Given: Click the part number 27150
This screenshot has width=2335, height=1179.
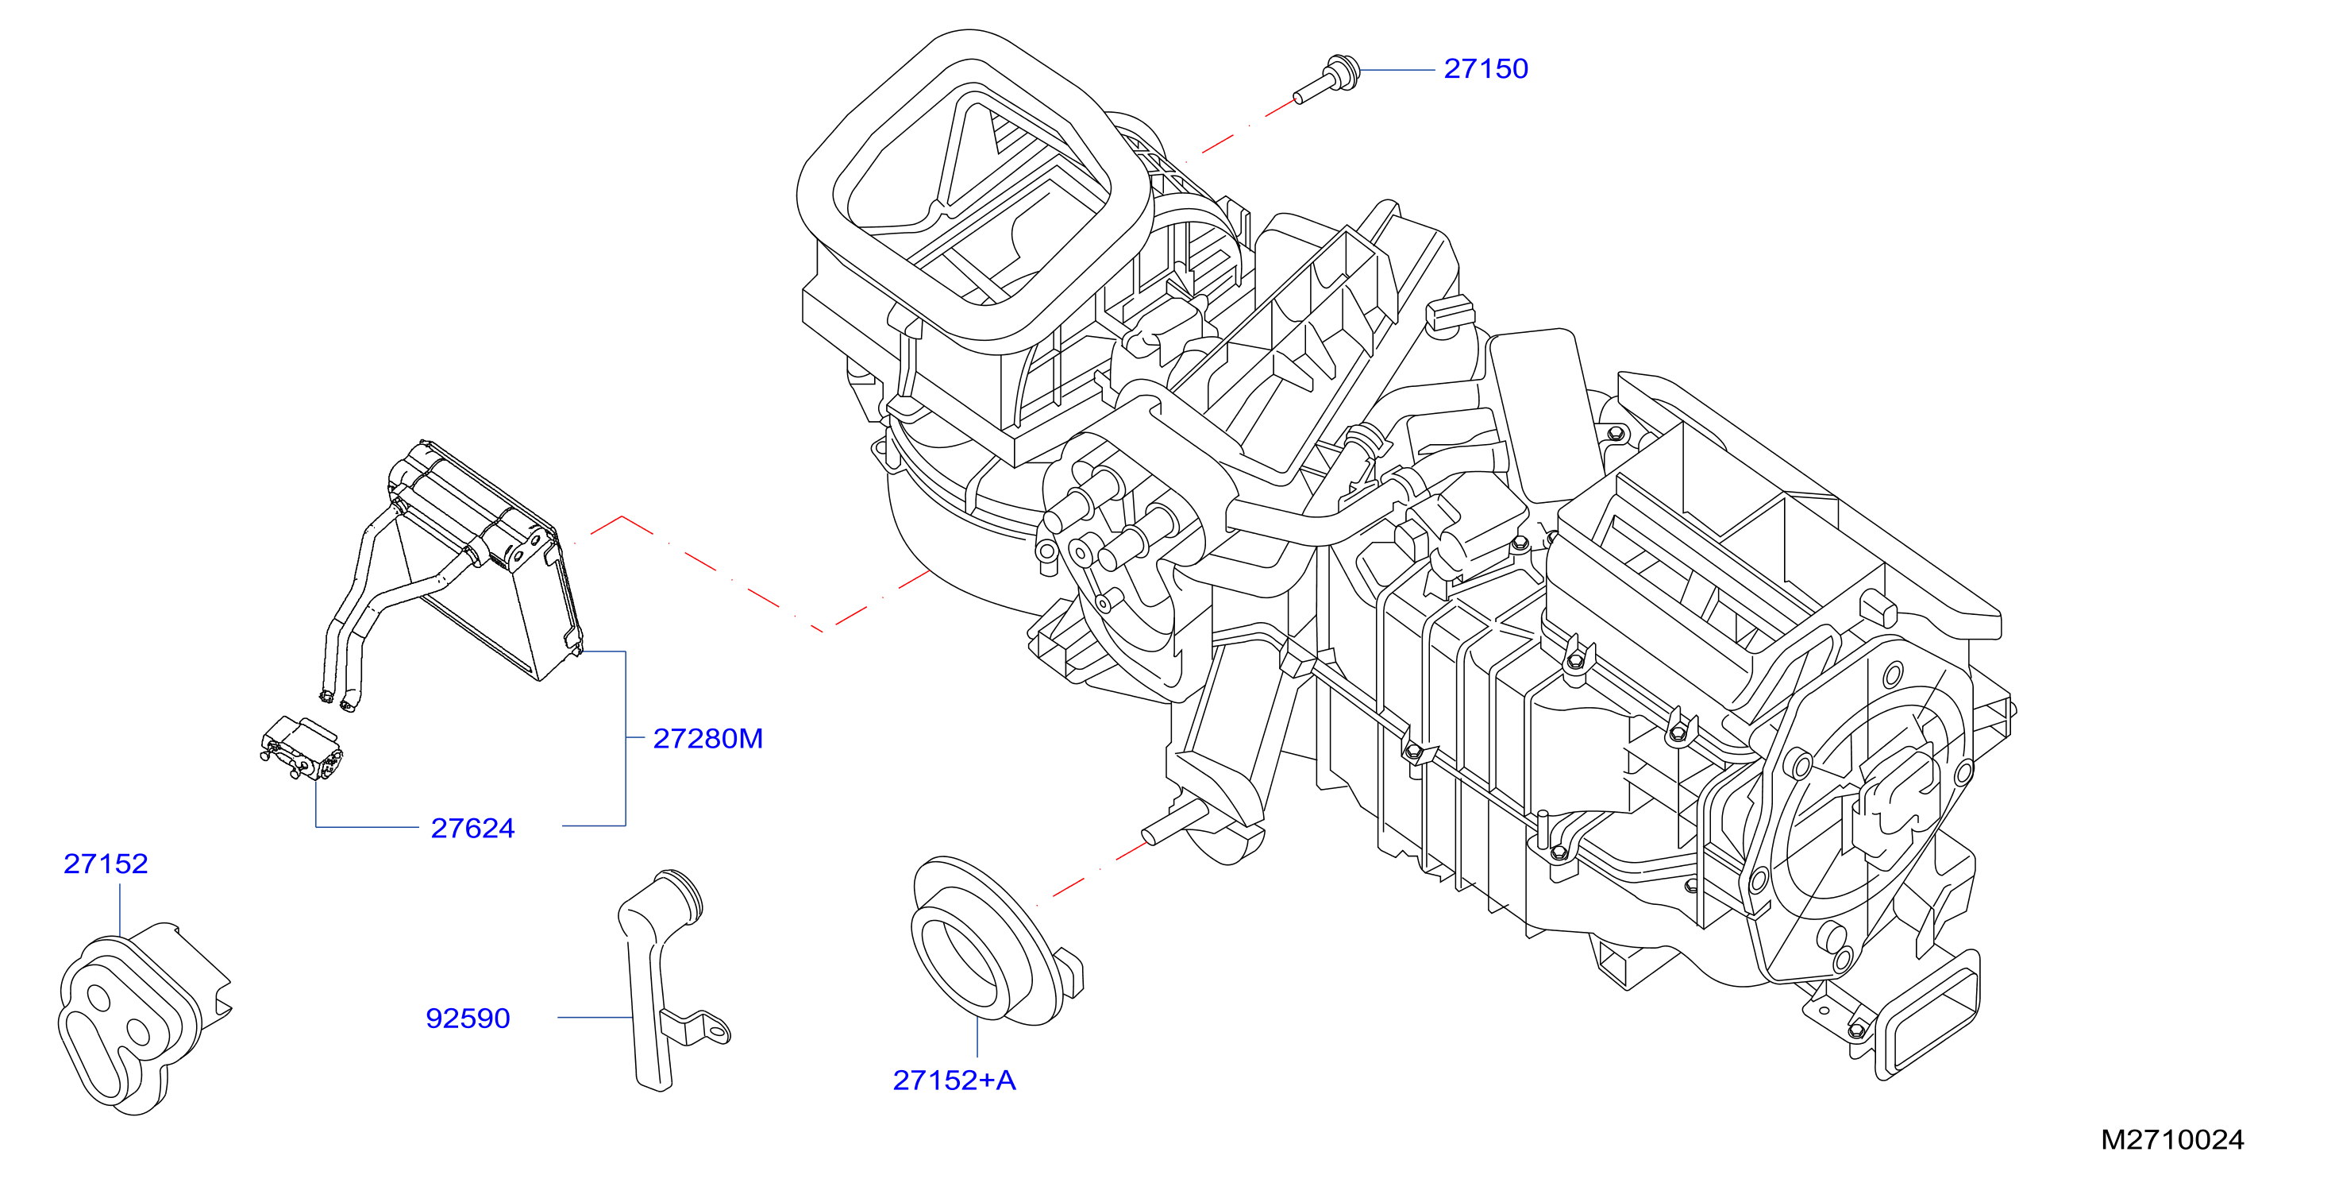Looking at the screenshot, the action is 1485,69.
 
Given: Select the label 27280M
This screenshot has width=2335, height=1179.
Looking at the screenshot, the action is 708,739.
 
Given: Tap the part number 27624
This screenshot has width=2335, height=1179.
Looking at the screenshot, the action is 472,828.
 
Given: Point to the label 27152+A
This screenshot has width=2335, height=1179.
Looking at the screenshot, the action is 954,1080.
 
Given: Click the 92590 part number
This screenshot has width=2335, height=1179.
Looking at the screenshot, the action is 468,1019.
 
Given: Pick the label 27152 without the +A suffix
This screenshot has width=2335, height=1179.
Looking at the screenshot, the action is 105,864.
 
